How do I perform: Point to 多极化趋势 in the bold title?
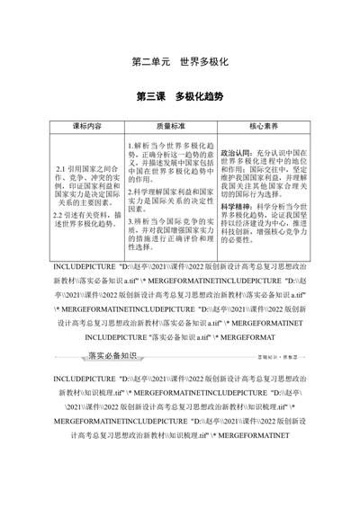pyautogui.click(x=199, y=95)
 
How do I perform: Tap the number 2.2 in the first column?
pyautogui.click(x=60, y=214)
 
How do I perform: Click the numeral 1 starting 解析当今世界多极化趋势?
pyautogui.click(x=130, y=144)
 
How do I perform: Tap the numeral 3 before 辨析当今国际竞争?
pyautogui.click(x=130, y=220)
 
